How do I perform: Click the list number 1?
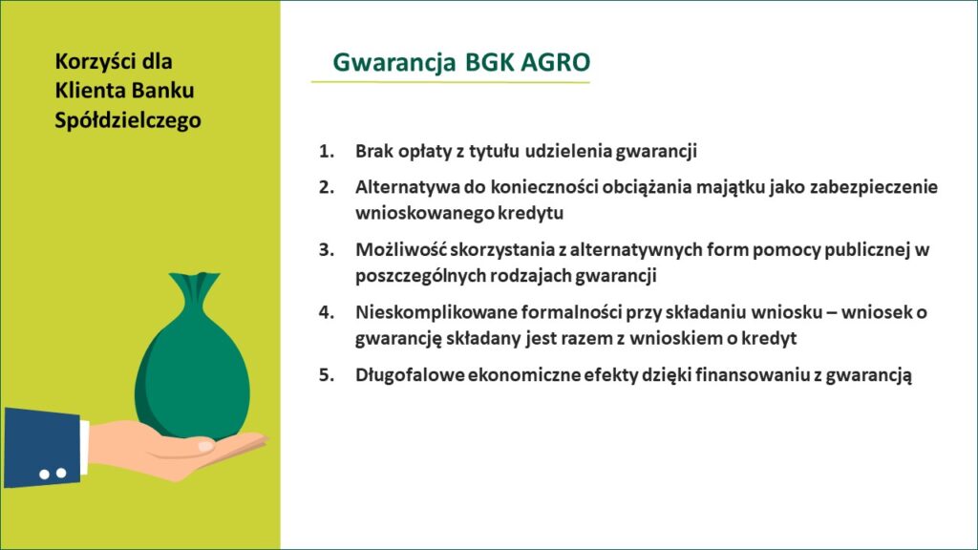[x=327, y=151]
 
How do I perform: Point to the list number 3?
[x=327, y=249]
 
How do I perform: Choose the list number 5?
[x=327, y=374]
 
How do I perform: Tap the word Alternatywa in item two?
[x=408, y=187]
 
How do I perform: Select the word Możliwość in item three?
[x=400, y=249]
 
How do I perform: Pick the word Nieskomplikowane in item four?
[x=436, y=312]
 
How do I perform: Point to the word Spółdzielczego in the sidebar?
[x=128, y=120]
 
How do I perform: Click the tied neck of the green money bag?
[x=195, y=294]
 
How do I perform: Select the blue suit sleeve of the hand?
[x=42, y=447]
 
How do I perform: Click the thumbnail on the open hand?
[x=206, y=447]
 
